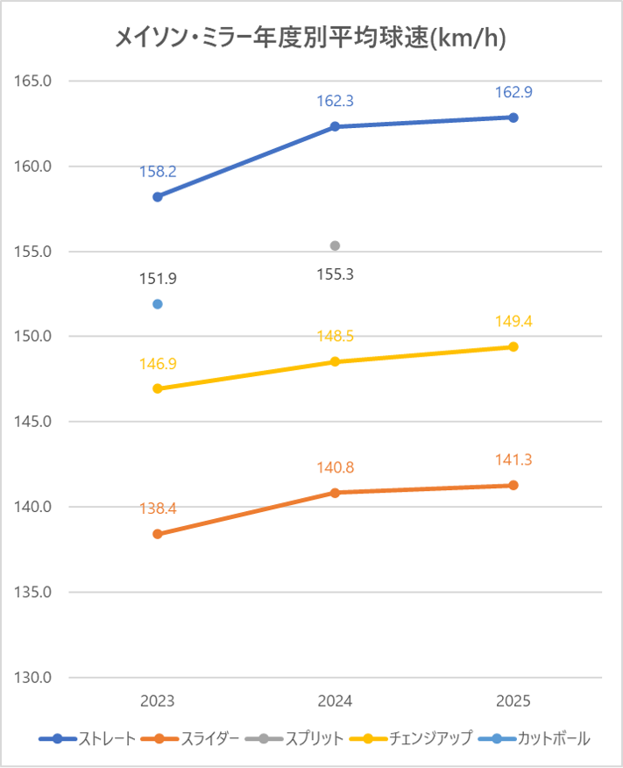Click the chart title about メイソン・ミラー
[x=311, y=38]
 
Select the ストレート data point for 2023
[x=158, y=196]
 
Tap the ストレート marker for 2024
[x=335, y=126]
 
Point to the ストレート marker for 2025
[x=513, y=117]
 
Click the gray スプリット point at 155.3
[x=335, y=245]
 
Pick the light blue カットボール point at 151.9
[x=158, y=304]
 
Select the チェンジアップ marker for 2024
[x=335, y=361]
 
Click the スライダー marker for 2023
[x=158, y=534]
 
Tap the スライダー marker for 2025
[x=513, y=485]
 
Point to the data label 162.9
[x=513, y=92]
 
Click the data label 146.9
[x=158, y=363]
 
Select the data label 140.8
[x=335, y=467]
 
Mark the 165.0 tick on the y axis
[x=34, y=82]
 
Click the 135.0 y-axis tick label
[x=34, y=592]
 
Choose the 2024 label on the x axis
[x=335, y=701]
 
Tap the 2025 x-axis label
[x=513, y=701]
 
